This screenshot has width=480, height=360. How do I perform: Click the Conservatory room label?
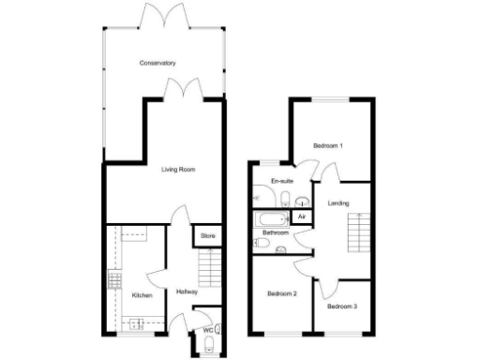click(157, 63)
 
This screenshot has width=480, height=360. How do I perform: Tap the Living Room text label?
click(177, 170)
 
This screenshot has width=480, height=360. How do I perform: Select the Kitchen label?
click(142, 295)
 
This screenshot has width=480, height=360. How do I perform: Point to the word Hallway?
click(186, 292)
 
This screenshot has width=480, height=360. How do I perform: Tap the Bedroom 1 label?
click(328, 146)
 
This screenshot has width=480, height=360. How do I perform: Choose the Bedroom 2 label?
click(281, 293)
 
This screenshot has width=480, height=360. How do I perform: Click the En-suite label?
click(281, 181)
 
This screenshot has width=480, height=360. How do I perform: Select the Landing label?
click(338, 202)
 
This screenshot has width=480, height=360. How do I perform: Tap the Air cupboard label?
click(301, 217)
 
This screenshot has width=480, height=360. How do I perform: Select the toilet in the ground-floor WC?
click(217, 329)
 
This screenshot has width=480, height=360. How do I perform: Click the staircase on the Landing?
click(357, 233)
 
